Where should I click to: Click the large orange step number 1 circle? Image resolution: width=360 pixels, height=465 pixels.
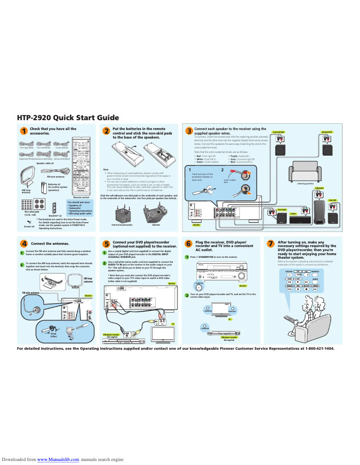click(23, 131)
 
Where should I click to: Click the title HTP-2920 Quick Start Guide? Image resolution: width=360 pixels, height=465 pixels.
click(68, 117)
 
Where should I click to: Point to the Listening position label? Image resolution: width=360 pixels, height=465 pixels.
click(305, 183)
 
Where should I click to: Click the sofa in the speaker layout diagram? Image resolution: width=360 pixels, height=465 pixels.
click(305, 172)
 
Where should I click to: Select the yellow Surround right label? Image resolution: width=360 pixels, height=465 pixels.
click(279, 132)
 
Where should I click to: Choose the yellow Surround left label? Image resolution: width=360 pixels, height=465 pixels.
click(327, 132)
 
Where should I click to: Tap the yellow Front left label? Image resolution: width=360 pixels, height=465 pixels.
click(332, 200)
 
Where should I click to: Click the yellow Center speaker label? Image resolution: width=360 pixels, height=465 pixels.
click(293, 214)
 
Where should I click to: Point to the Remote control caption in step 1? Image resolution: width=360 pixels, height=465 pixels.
click(81, 197)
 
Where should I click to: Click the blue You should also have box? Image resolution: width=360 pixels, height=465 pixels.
click(79, 209)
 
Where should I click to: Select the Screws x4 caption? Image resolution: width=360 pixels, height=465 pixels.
click(29, 227)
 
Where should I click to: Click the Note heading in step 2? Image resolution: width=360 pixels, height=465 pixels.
click(106, 169)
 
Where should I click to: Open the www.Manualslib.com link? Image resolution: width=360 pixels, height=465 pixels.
click(58, 460)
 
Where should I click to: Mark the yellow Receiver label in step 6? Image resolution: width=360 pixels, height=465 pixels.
click(243, 286)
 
